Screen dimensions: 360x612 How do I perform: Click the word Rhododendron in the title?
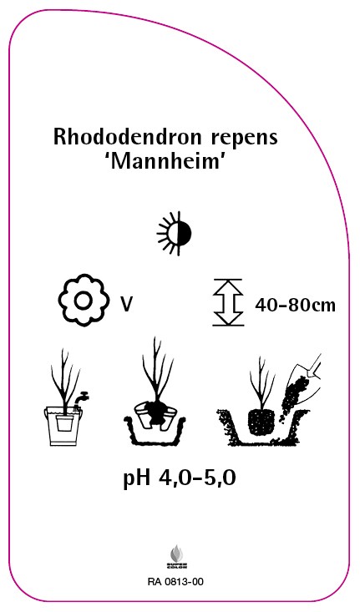128,137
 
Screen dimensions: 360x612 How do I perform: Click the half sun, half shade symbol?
174,234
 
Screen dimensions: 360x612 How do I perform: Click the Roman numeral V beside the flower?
126,305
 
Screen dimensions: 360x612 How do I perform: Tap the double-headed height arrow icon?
228,302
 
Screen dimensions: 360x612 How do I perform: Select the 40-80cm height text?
295,305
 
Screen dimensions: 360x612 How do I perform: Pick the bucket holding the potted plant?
63,426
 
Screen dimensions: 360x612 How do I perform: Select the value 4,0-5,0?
198,478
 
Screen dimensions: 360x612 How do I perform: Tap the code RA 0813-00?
175,582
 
